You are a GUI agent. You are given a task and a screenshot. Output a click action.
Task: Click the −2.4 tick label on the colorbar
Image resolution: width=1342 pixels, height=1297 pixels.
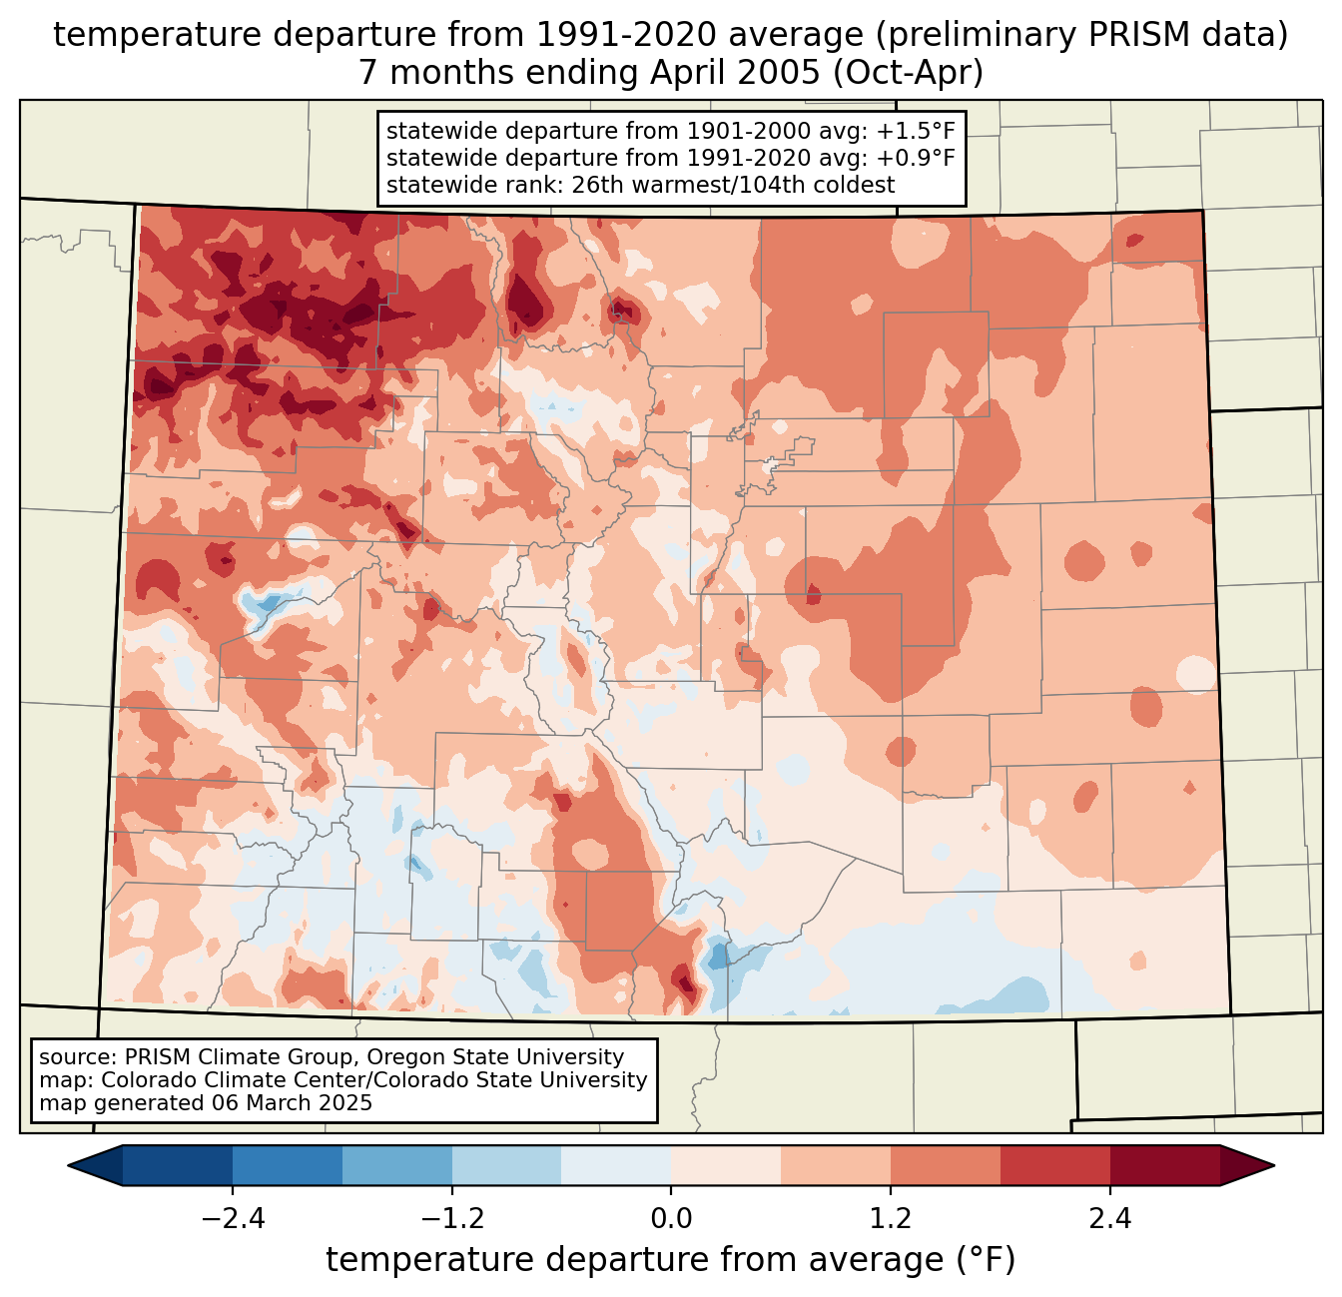click(x=232, y=1219)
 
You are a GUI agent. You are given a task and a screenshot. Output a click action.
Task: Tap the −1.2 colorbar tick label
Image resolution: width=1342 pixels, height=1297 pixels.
click(x=451, y=1219)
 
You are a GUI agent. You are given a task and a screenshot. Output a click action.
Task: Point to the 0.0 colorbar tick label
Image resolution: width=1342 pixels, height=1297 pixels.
click(x=671, y=1219)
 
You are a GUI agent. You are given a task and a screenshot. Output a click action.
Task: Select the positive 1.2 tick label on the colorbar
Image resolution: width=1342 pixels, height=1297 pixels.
click(x=891, y=1219)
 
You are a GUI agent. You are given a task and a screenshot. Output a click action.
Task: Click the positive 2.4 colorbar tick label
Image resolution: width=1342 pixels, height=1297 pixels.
click(x=1109, y=1219)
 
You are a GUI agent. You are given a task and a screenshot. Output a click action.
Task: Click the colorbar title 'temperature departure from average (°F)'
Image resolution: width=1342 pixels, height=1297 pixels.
click(x=670, y=1260)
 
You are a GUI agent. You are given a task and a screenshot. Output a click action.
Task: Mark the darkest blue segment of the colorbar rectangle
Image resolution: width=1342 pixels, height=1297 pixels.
click(x=178, y=1165)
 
